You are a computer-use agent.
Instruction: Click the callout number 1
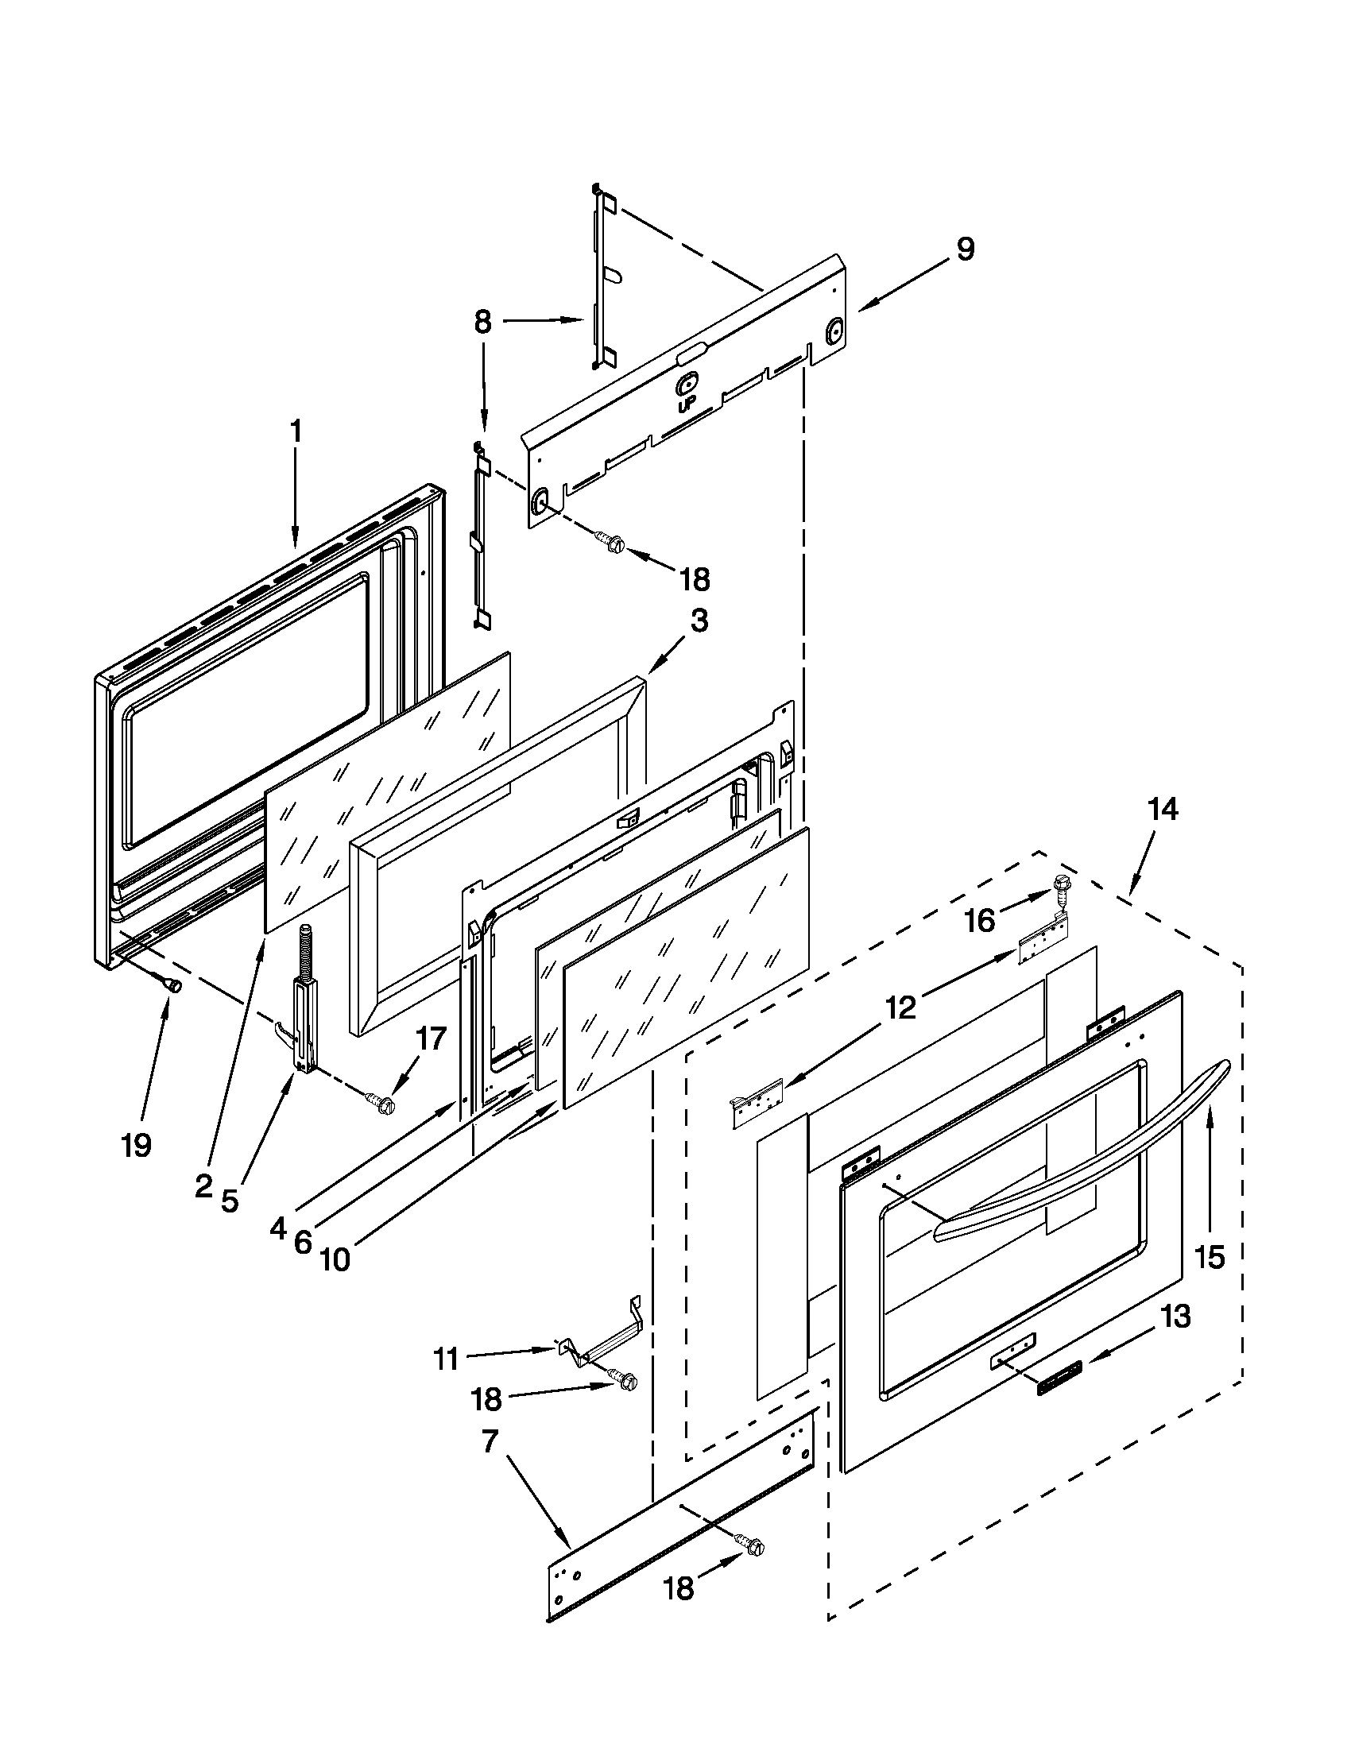(296, 432)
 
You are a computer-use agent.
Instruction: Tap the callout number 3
(699, 622)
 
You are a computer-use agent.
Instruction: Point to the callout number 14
(1162, 810)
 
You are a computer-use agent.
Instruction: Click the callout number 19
(137, 1146)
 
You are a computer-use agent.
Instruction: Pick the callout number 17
(429, 1039)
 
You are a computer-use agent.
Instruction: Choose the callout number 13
(1175, 1317)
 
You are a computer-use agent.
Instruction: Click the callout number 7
(490, 1442)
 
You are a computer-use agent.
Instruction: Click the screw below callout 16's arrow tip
(1061, 885)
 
